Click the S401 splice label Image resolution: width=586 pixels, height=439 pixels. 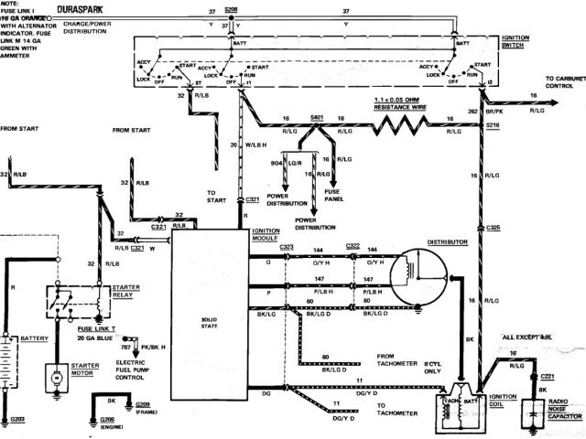click(318, 119)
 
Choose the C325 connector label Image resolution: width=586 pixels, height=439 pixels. click(494, 226)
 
